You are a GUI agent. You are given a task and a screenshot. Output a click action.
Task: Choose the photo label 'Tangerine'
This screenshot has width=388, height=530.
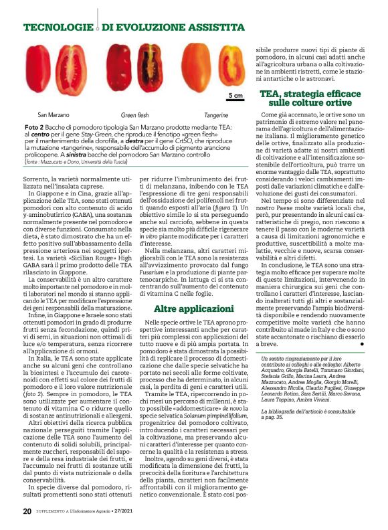tap(215, 114)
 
